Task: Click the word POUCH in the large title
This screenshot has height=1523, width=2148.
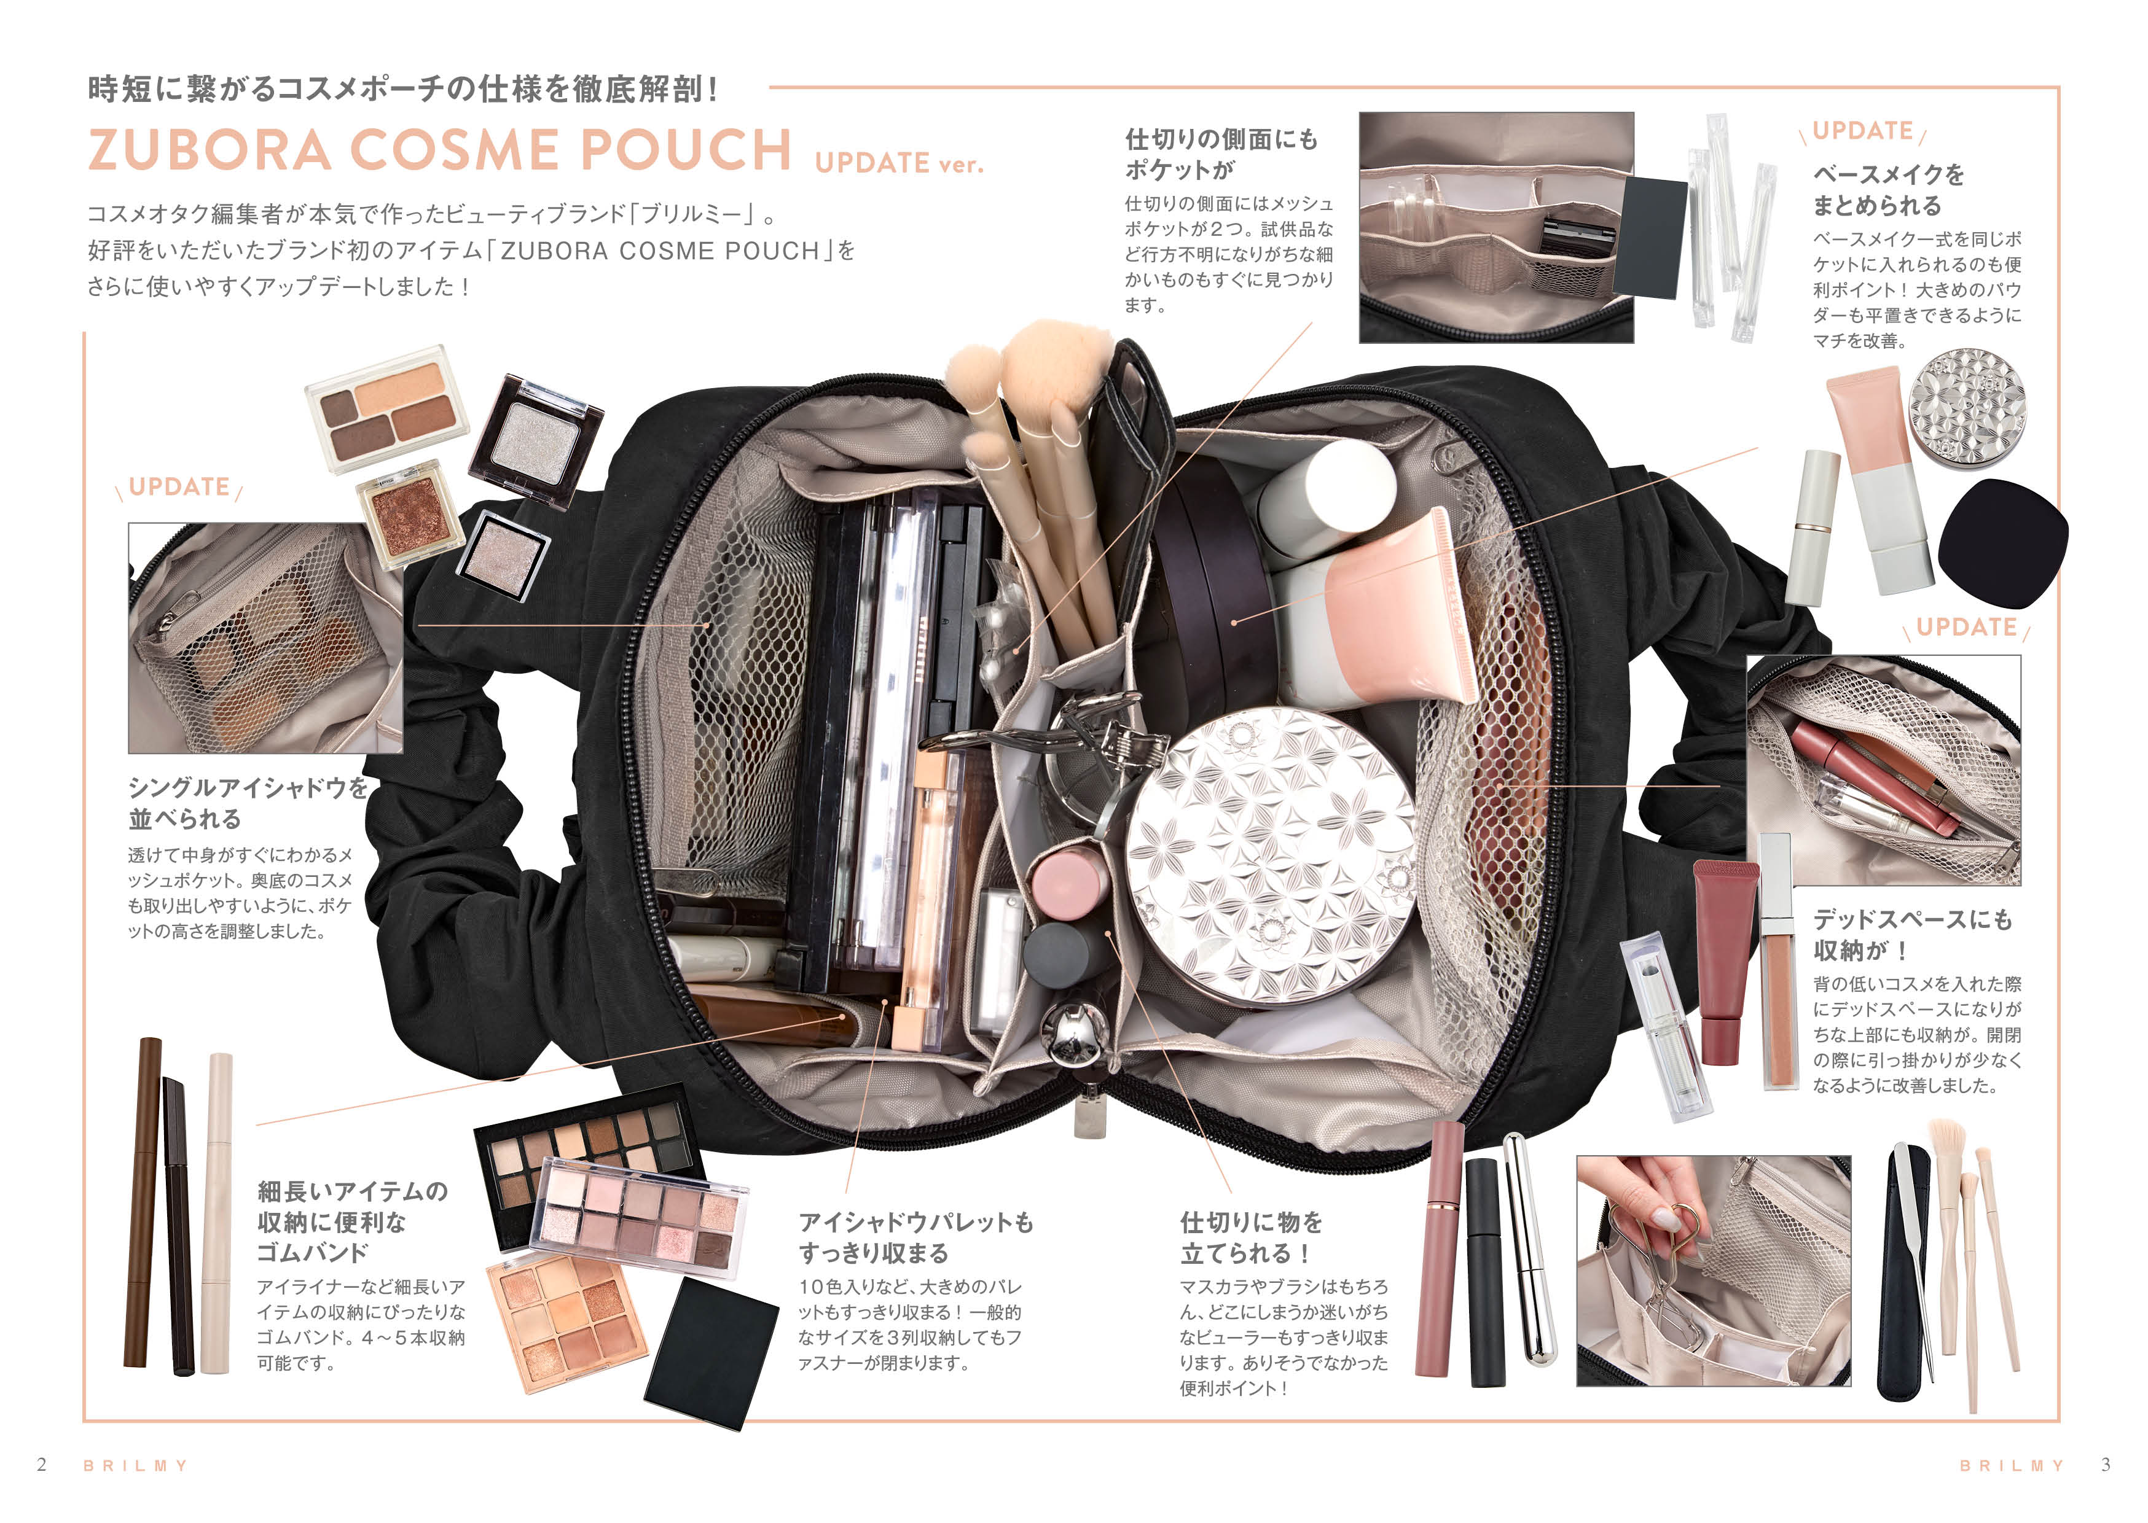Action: tap(686, 149)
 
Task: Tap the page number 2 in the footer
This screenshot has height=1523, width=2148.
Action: tap(41, 1464)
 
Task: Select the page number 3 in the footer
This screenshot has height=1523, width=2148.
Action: tap(2106, 1464)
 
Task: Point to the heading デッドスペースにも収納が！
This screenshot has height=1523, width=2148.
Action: tap(1913, 934)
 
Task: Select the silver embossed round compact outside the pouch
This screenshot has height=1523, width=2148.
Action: tap(1967, 407)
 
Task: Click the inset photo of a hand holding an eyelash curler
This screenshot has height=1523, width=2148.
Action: tap(1713, 1270)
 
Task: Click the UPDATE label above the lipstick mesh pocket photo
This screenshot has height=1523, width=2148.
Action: tap(1966, 628)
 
